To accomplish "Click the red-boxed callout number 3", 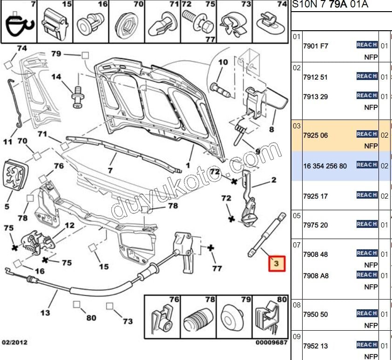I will (x=276, y=264).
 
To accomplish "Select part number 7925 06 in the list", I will (x=315, y=135).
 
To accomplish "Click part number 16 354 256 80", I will (x=324, y=166).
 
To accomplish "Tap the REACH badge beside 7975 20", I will (x=366, y=224).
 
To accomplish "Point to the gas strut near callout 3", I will (x=267, y=235).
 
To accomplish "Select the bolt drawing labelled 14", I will (x=77, y=97).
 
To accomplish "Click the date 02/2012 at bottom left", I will (x=14, y=342).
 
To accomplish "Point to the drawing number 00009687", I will (x=271, y=343).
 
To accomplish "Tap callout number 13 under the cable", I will (x=45, y=313).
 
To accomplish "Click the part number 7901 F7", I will (x=315, y=46).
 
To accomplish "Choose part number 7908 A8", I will (x=315, y=276).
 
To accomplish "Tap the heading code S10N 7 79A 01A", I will (x=330, y=5).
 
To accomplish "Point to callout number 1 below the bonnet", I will (x=188, y=165).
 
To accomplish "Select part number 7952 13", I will (x=315, y=346).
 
